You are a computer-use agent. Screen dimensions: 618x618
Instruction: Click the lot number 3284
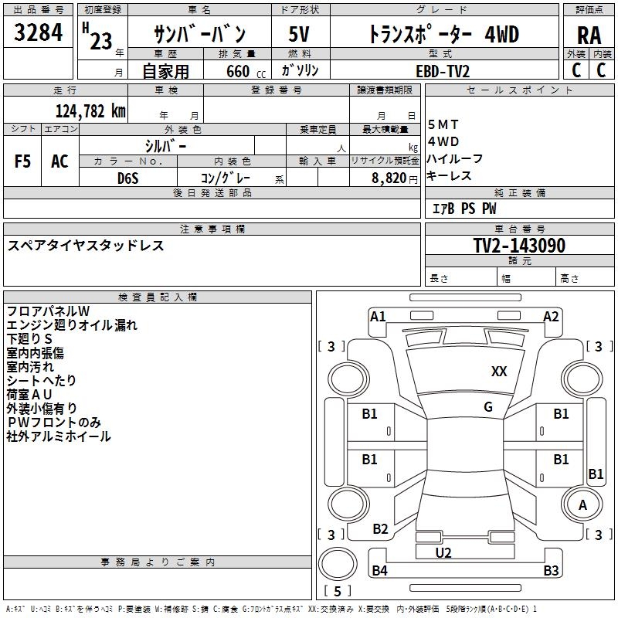(x=39, y=34)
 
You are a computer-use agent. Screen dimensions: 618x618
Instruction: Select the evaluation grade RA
(x=589, y=36)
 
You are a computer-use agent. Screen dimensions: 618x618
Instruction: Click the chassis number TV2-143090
(x=519, y=246)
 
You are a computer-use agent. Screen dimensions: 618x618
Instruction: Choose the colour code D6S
(x=128, y=178)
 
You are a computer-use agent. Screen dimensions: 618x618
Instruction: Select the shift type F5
(x=23, y=161)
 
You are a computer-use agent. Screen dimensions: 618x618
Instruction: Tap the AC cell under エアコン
(x=59, y=161)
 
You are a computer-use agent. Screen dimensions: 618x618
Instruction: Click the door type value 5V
(x=299, y=34)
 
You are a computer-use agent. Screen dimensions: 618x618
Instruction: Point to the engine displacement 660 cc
(x=243, y=70)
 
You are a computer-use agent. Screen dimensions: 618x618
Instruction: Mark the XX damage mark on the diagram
(x=499, y=372)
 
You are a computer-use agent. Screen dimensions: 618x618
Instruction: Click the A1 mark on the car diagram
(x=378, y=316)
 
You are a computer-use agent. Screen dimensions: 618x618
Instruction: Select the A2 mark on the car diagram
(x=551, y=316)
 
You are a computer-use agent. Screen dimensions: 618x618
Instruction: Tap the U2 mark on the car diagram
(x=443, y=553)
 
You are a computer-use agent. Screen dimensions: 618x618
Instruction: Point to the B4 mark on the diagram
(x=379, y=572)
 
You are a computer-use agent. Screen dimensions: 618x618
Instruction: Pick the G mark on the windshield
(x=488, y=407)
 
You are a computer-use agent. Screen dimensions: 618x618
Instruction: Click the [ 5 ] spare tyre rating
(x=338, y=592)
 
